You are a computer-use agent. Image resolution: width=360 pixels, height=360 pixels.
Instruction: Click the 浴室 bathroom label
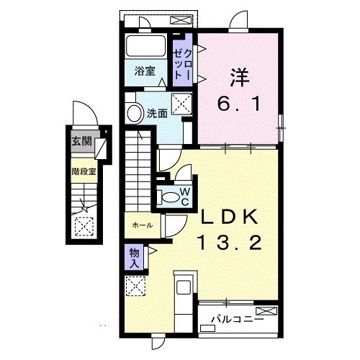pos(145,71)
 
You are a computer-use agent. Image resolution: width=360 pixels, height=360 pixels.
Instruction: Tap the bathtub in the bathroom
pos(145,45)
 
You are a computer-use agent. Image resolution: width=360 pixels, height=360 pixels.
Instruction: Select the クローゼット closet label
pos(183,64)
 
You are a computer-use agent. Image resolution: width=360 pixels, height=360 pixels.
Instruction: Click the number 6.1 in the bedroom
pos(239,104)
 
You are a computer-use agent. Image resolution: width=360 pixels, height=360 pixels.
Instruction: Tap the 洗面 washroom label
pos(157,114)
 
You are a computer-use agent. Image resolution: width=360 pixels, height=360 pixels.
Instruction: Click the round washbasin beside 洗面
pos(135,114)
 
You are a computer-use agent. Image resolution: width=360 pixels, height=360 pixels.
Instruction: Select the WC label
pos(185,197)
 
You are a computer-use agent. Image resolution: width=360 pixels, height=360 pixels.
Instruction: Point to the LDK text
pos(230,217)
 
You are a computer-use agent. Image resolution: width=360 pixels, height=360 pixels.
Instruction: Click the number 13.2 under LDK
pos(229,243)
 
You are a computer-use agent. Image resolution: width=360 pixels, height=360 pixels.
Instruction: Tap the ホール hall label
pos(142,225)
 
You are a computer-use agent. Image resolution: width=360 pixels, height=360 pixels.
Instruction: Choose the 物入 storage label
pos(134,258)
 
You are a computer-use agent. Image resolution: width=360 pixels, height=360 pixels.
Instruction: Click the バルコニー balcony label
pos(237,320)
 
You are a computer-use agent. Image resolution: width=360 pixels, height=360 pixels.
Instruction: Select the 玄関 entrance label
pos(82,141)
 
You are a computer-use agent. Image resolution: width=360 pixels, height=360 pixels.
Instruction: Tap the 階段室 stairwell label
pos(84,171)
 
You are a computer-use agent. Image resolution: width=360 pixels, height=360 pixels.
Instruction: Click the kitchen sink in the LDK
pos(184,287)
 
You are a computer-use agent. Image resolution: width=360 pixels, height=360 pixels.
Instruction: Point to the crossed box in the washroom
pos(181,104)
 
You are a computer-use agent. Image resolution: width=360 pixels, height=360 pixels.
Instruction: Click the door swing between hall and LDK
pos(175,226)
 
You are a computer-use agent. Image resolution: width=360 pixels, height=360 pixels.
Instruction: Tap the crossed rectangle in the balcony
pos(266,311)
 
